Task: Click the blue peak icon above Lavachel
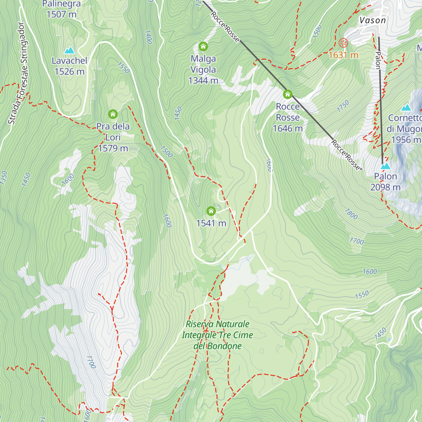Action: [x=69, y=50]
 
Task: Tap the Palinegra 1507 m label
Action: [x=62, y=9]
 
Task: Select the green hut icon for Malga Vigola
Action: [x=203, y=46]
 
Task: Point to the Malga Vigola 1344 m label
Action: [x=203, y=70]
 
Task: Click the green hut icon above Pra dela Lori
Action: [x=113, y=114]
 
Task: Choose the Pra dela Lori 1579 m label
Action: [x=113, y=137]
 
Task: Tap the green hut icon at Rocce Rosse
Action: [x=288, y=94]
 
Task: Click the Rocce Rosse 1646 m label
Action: [x=288, y=117]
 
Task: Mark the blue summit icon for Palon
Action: [x=386, y=165]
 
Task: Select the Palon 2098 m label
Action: [x=385, y=182]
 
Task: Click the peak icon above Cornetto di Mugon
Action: [x=406, y=107]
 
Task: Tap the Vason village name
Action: [x=372, y=20]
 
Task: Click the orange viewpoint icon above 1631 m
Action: [x=343, y=43]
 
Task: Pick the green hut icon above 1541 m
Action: [x=211, y=211]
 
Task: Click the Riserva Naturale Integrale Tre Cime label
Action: [x=217, y=335]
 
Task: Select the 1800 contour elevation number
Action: [x=351, y=214]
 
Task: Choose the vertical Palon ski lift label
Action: [x=378, y=60]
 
